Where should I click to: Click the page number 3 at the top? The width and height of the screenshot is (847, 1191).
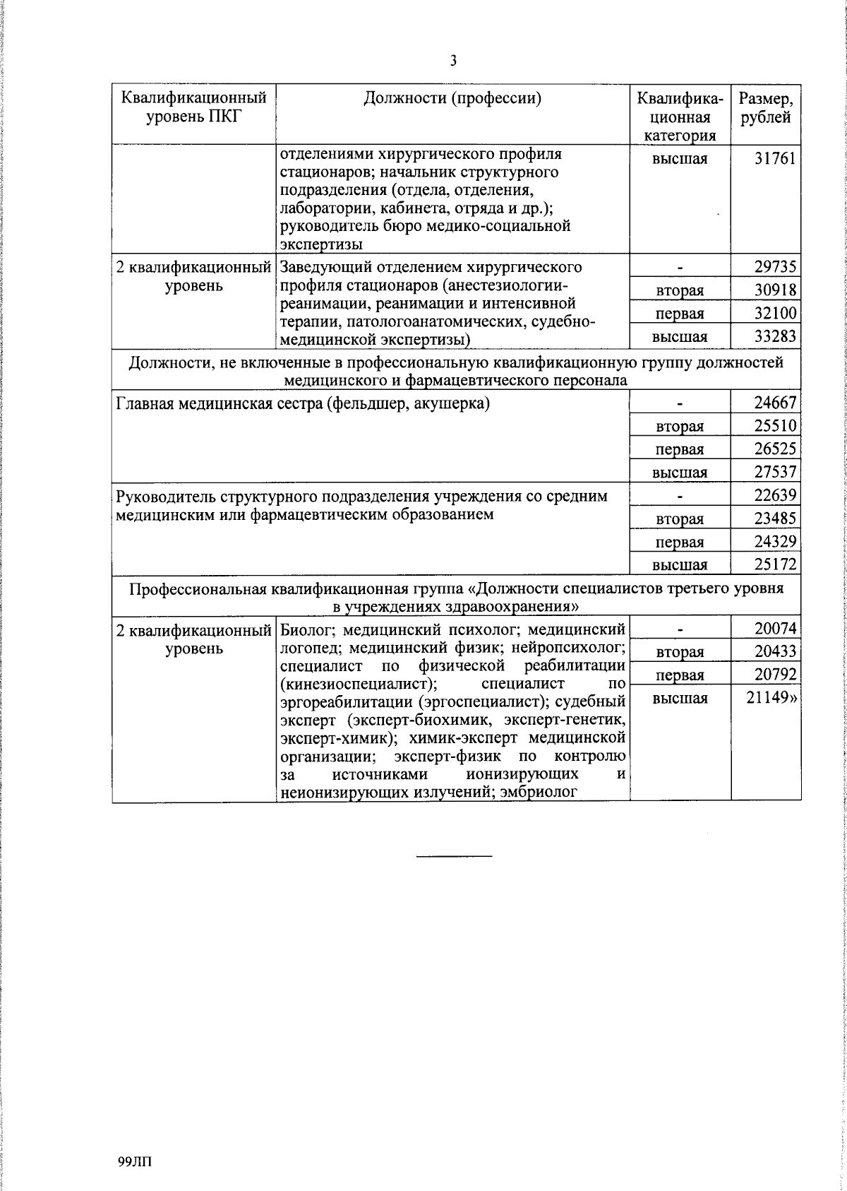[x=453, y=61]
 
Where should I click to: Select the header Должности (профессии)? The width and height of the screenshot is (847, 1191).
[x=452, y=98]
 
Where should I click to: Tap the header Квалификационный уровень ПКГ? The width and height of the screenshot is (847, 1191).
[x=194, y=107]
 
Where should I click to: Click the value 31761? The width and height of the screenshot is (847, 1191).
[x=775, y=158]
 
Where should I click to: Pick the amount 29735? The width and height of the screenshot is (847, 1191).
[x=775, y=267]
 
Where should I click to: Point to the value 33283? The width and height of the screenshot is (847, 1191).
[x=775, y=337]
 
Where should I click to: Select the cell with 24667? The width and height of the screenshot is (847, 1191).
[x=775, y=403]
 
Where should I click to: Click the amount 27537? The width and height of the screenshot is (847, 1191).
[x=775, y=472]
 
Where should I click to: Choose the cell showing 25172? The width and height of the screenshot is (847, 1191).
[x=775, y=564]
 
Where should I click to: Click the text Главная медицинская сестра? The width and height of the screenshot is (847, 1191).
[x=222, y=404]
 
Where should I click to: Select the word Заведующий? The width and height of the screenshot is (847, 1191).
[x=323, y=268]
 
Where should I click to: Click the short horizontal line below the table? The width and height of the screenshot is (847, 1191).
[x=454, y=857]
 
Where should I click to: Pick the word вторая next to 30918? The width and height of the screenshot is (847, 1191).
[x=679, y=291]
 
